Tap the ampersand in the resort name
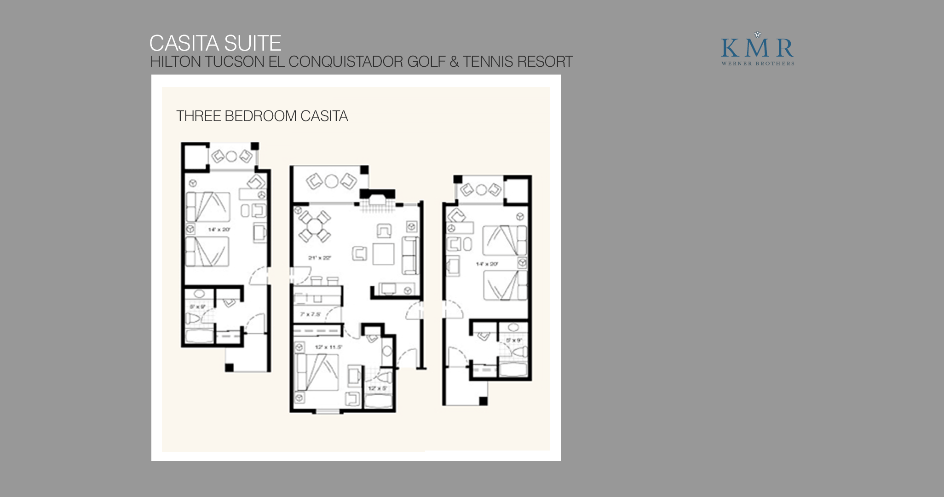pyautogui.click(x=454, y=62)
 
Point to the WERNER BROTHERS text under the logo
pyautogui.click(x=758, y=64)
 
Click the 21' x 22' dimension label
pyautogui.click(x=320, y=258)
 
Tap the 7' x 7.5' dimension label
pyautogui.click(x=311, y=314)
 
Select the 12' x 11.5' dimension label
pyautogui.click(x=328, y=347)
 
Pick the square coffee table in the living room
pyautogui.click(x=383, y=254)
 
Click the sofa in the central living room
pyautogui.click(x=410, y=255)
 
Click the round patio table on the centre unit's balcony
pyautogui.click(x=331, y=181)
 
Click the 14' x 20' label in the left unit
pyautogui.click(x=219, y=229)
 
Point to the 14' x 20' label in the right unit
pyautogui.click(x=487, y=264)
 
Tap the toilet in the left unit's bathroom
pyautogui.click(x=193, y=318)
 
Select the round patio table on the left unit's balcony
pyautogui.click(x=231, y=156)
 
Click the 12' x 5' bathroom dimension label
pyautogui.click(x=378, y=388)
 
